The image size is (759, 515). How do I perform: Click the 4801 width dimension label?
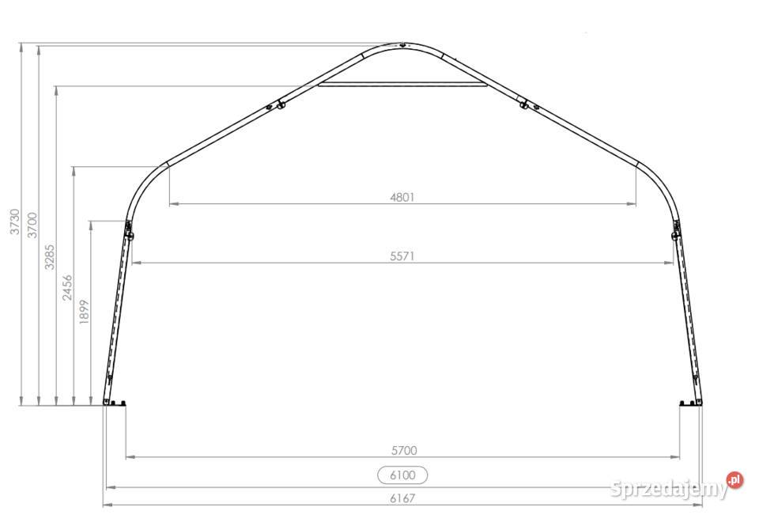402,197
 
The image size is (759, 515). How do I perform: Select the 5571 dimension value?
402,256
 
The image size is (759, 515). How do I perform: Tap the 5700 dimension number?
404,451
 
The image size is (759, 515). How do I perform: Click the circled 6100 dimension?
402,475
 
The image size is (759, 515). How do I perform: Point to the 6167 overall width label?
402,498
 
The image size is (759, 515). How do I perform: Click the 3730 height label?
15,222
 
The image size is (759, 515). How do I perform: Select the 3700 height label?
32,225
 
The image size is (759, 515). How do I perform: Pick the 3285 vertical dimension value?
49,257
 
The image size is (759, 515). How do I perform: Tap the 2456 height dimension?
66,288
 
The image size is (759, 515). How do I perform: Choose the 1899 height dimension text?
84,312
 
